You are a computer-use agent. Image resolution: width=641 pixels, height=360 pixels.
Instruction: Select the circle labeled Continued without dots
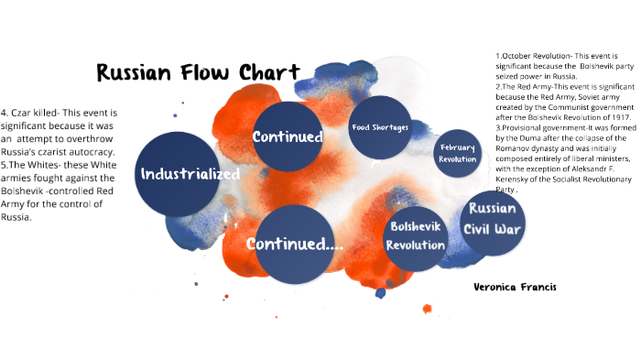tap(288, 137)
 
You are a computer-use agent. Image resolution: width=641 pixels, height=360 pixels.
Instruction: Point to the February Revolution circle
tap(458, 154)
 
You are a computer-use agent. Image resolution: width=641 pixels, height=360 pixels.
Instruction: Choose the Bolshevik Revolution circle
tap(416, 236)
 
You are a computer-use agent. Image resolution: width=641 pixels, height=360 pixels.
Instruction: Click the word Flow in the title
tap(194, 72)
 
